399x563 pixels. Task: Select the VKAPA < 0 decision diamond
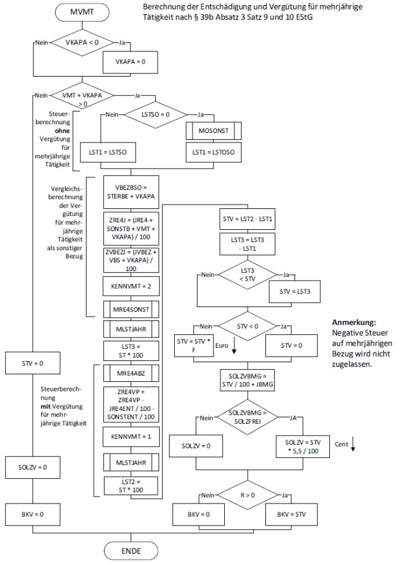[84, 43]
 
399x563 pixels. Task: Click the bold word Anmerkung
[353, 322]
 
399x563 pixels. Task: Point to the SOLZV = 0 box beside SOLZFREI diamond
[198, 445]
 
